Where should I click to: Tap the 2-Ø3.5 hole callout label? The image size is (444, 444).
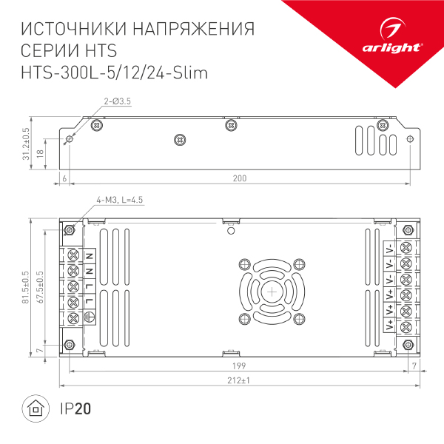[x=117, y=101]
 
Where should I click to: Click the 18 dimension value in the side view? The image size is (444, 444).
[x=41, y=152]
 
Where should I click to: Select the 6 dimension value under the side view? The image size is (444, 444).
[x=65, y=178]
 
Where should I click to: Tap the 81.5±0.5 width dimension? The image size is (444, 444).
[x=26, y=286]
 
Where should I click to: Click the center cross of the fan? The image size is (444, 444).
[x=271, y=291]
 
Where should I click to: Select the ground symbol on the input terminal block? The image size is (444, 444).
[x=89, y=317]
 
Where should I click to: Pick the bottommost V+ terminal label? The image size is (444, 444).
[x=389, y=323]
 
